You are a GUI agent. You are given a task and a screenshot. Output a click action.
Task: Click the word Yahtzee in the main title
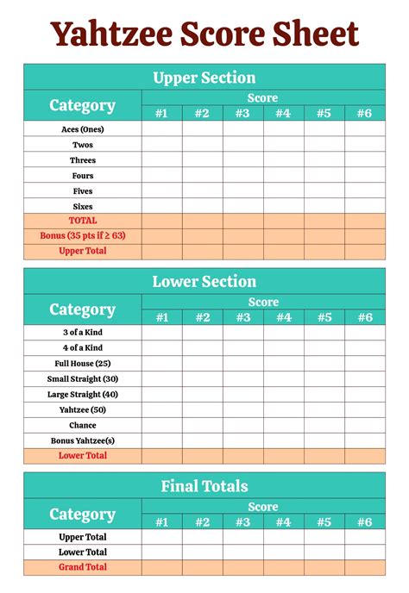click(111, 34)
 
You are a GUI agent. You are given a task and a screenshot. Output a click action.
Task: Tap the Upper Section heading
click(204, 78)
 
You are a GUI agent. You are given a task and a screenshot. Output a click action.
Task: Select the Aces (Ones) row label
click(83, 128)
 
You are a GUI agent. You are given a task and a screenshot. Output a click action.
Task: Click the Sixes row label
click(83, 206)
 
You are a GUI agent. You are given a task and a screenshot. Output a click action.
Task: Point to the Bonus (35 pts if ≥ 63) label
click(83, 235)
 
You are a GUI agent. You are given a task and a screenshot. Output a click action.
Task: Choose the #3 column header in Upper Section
click(242, 113)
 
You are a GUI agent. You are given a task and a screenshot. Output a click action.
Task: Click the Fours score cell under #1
click(161, 175)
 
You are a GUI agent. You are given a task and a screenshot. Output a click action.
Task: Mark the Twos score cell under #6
click(365, 144)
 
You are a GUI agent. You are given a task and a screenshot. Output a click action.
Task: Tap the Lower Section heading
click(204, 282)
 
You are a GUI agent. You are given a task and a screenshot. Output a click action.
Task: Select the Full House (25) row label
click(83, 363)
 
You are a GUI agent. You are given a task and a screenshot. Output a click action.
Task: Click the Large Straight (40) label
click(83, 394)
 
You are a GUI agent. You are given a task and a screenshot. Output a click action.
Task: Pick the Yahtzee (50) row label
click(83, 409)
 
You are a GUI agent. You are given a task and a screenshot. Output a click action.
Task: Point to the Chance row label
click(83, 425)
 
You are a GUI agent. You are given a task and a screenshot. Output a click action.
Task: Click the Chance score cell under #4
click(284, 425)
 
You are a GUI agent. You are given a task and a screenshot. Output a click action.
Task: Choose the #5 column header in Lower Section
click(324, 317)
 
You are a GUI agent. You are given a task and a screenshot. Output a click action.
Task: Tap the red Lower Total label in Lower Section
click(83, 455)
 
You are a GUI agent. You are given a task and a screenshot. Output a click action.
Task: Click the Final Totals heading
click(204, 486)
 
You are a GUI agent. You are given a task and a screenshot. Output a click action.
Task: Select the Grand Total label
click(83, 567)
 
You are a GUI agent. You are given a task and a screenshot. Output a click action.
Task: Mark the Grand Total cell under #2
click(202, 567)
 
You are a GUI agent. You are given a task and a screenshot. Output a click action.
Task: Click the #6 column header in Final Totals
click(365, 521)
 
